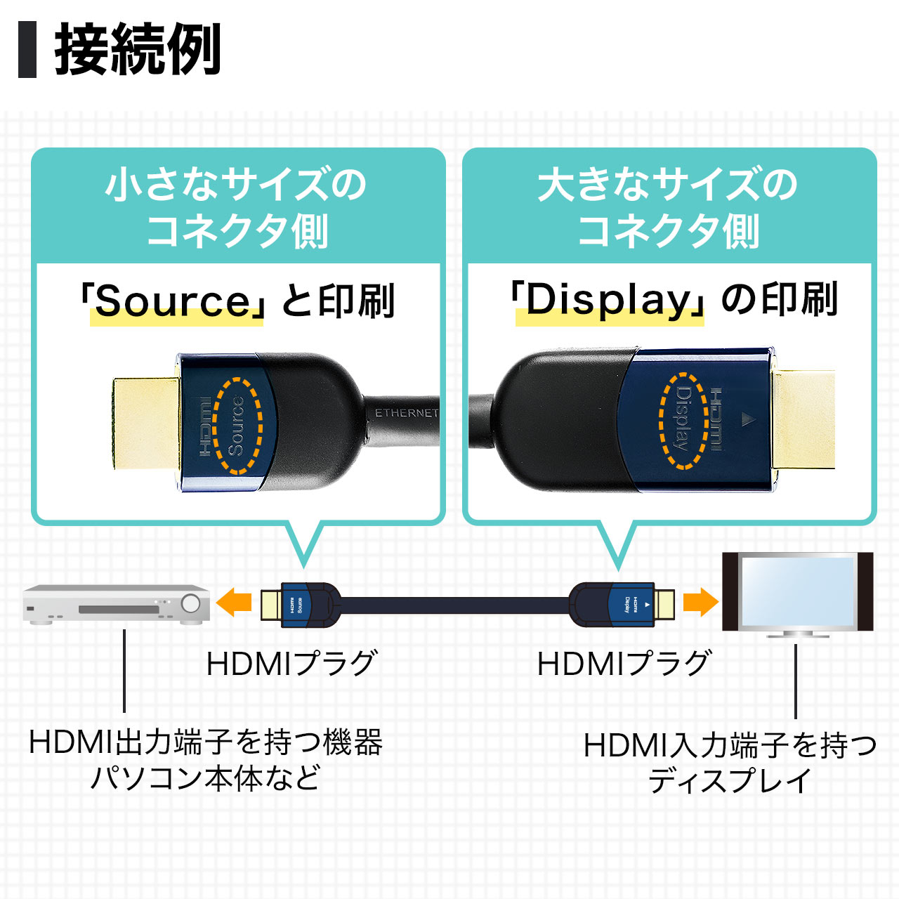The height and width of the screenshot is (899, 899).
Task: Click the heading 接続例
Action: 138,49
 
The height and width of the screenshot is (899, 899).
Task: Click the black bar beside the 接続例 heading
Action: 27,49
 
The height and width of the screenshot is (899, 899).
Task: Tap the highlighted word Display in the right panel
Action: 609,301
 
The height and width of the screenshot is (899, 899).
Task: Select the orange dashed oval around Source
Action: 237,426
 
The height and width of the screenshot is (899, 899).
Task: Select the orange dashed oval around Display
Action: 683,420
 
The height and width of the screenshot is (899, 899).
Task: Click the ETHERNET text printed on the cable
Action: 406,413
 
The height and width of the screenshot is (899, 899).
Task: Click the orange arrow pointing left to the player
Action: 234,603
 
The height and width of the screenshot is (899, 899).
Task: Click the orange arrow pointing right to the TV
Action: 700,602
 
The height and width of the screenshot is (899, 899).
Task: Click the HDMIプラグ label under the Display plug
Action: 623,664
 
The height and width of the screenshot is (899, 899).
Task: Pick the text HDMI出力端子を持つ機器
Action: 205,742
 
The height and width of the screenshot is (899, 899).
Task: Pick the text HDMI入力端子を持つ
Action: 730,745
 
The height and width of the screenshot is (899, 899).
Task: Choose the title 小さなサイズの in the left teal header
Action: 237,185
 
